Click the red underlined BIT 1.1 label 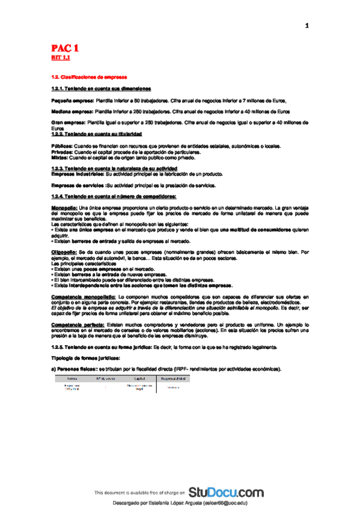pos(60,58)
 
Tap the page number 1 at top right pos(307,25)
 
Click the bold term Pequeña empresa pos(69,100)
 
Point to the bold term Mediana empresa pos(69,111)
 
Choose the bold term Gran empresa pos(64,122)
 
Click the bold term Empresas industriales pos(78,173)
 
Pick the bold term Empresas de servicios pos(77,185)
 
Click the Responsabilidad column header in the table pos(174,378)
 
